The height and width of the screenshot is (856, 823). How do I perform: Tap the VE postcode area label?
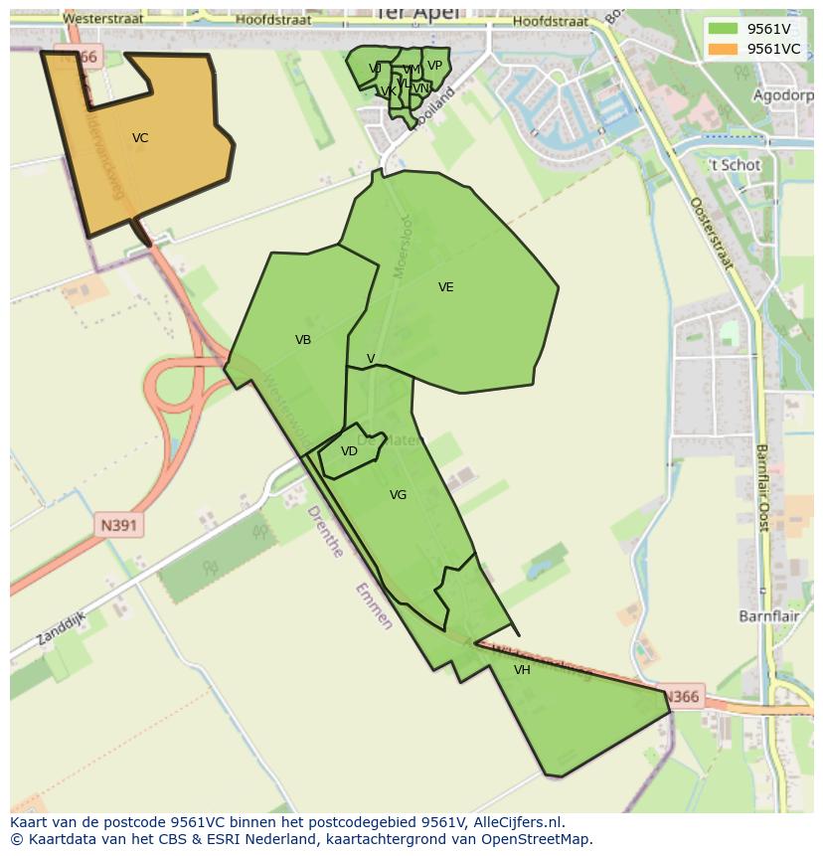(x=445, y=287)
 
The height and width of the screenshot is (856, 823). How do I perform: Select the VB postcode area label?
(x=303, y=340)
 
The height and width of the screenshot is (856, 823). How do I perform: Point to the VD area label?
(x=349, y=451)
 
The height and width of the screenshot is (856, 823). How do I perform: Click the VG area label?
(x=398, y=495)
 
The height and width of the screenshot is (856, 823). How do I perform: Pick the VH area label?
(x=522, y=670)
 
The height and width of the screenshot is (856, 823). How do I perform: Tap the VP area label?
(x=434, y=67)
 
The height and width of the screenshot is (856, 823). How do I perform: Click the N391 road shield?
(x=119, y=525)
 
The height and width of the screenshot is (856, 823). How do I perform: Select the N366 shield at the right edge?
(x=681, y=697)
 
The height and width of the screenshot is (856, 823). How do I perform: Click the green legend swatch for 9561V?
(x=723, y=29)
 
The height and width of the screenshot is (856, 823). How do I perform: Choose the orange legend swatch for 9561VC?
(x=723, y=49)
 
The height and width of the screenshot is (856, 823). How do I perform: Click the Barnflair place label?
(x=769, y=616)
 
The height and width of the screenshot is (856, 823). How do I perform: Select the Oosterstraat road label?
(x=711, y=233)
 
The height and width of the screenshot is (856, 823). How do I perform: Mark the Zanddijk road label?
(x=61, y=628)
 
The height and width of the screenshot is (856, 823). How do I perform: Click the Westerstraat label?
(x=102, y=19)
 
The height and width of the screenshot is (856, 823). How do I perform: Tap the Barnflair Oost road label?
(x=762, y=487)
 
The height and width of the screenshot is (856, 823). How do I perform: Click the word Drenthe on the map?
(x=325, y=532)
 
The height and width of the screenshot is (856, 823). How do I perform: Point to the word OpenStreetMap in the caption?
(x=536, y=839)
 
